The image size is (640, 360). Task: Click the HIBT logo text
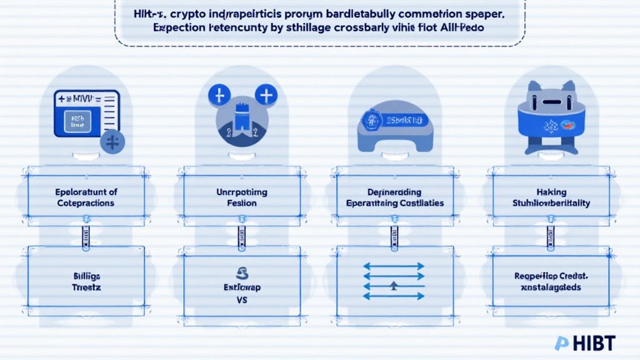591,343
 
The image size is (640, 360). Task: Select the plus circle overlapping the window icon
112,142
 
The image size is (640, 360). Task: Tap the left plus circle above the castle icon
219,96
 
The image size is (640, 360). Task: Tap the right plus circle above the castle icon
267,96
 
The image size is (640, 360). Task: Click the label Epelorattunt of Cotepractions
86,197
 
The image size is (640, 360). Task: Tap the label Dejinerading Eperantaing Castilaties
395,197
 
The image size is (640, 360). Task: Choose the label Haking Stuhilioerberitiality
551,197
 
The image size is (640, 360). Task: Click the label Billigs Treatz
86,281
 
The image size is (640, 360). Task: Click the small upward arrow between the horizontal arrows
394,286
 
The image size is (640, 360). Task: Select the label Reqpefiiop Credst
551,276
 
